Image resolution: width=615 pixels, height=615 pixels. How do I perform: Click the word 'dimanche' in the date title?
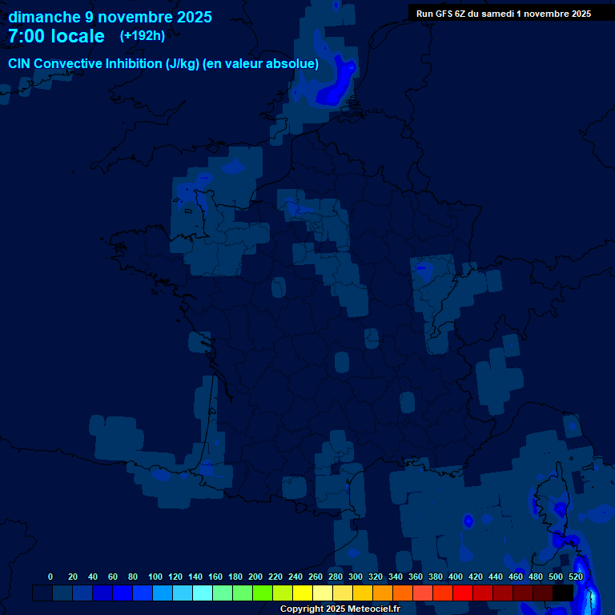pyautogui.click(x=45, y=17)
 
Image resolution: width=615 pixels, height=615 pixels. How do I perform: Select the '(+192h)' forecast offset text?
pyautogui.click(x=143, y=36)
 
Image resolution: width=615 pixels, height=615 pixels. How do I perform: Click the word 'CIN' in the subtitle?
pyautogui.click(x=19, y=63)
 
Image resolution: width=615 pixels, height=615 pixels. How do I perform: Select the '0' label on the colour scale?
pyautogui.click(x=50, y=577)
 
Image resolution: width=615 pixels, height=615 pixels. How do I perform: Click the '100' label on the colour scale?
pyautogui.click(x=155, y=577)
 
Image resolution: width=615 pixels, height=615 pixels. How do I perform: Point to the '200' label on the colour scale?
pyautogui.click(x=255, y=577)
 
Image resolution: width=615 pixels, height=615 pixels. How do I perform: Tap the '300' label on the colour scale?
pyautogui.click(x=356, y=577)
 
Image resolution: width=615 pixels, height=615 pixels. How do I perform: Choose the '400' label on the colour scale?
pyautogui.click(x=456, y=577)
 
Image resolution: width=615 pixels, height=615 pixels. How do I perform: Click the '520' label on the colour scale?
pyautogui.click(x=575, y=577)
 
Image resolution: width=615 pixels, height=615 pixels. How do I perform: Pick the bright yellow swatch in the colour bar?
pyautogui.click(x=303, y=593)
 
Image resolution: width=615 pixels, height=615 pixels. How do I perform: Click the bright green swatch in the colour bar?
pyautogui.click(x=263, y=593)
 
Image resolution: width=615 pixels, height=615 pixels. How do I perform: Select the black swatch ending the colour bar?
pyautogui.click(x=563, y=593)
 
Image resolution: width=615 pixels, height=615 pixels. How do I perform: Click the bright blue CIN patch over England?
pyautogui.click(x=336, y=88)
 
